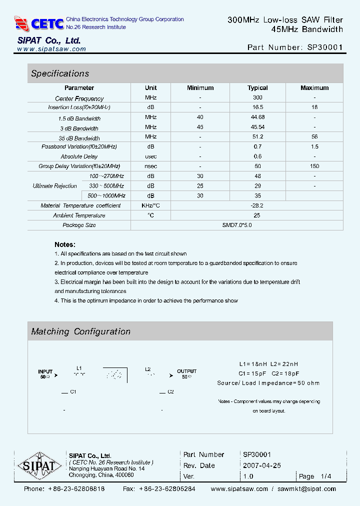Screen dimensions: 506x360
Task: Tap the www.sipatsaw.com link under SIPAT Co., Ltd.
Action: pos(51,49)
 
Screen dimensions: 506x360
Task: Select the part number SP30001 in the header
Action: pos(323,47)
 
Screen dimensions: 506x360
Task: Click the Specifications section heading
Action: pos(60,73)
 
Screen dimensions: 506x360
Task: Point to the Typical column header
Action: pos(257,88)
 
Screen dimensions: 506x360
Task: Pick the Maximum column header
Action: pos(314,88)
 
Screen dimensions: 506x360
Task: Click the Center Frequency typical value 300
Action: pos(257,97)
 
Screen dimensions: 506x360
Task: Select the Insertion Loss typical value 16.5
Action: pos(257,107)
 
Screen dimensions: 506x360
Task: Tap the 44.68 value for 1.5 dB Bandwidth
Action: pos(257,117)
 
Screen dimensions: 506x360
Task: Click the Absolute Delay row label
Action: pos(79,156)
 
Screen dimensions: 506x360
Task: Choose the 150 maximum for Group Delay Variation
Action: pos(314,166)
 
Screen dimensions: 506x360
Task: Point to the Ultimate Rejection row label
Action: pos(55,186)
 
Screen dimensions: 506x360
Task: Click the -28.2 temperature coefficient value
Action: pos(257,205)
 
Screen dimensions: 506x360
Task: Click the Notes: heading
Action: pos(65,244)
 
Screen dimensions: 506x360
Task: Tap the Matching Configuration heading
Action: pos(80,331)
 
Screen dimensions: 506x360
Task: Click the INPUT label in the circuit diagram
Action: pos(45,371)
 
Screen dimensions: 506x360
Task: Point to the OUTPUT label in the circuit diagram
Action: pos(186,371)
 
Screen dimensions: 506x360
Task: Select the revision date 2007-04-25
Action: pos(262,465)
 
